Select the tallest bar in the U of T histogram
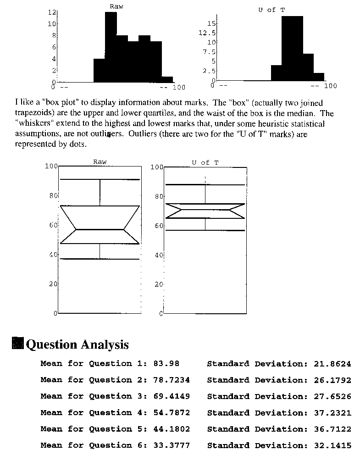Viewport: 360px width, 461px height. [292, 48]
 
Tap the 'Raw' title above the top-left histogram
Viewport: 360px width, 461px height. [116, 6]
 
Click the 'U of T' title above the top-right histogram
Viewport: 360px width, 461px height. [272, 10]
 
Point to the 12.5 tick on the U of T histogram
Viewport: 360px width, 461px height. [209, 33]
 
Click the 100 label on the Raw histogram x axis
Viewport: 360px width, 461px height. [178, 87]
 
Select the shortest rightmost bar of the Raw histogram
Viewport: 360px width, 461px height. [167, 79]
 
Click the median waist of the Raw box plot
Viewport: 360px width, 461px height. [100, 229]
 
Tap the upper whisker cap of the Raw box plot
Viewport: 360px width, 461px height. [100, 179]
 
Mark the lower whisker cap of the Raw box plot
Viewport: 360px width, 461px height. [100, 259]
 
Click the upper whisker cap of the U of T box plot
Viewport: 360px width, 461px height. [205, 184]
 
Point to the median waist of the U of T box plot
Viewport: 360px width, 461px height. [205, 209]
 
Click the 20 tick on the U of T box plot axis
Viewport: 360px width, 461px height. [158, 284]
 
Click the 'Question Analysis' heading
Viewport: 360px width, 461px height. [78, 344]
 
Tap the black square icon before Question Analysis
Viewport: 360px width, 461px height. [17, 344]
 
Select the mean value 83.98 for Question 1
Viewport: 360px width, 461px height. [165, 364]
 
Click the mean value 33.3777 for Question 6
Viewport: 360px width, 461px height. [171, 445]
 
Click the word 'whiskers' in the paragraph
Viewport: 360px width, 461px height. [33, 124]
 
